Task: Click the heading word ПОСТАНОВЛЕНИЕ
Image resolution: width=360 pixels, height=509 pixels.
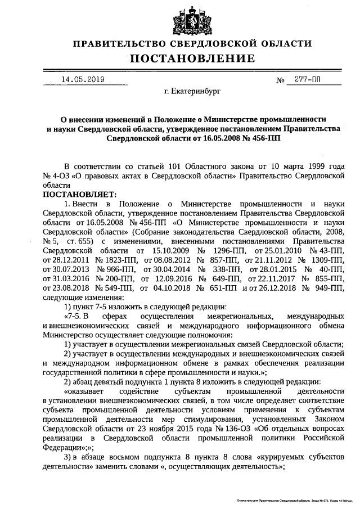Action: [x=193, y=58]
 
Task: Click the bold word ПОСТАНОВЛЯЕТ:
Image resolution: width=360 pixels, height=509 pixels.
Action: [x=77, y=193]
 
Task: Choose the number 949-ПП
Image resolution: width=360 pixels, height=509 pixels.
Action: [x=331, y=288]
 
